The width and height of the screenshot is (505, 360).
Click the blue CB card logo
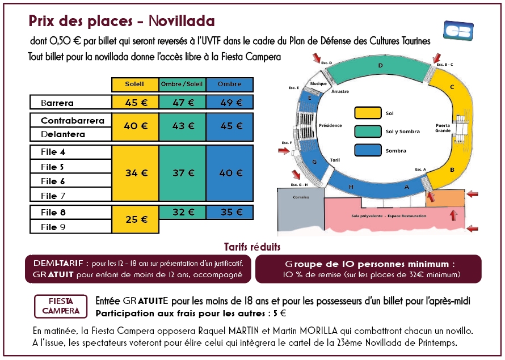point(458,31)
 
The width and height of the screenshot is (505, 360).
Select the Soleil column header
point(135,84)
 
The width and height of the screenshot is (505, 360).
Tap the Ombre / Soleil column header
point(182,84)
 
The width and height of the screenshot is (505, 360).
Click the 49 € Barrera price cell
point(230,102)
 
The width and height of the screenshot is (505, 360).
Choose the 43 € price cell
point(182,127)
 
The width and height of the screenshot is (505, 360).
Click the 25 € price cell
point(135,219)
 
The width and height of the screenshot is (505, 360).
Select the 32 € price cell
point(182,213)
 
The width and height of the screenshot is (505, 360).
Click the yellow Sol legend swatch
point(368,113)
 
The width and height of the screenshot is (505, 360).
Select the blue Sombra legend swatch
point(368,150)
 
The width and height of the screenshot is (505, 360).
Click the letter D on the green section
point(380,66)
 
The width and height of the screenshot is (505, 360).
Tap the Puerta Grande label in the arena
point(443,128)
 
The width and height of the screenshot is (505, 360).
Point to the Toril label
point(335,160)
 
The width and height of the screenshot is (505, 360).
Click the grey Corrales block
point(301,209)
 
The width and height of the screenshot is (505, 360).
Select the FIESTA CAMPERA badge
point(61,306)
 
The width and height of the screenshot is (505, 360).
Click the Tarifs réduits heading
point(252,247)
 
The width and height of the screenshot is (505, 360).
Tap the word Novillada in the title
point(182,21)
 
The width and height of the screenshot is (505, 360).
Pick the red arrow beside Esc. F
point(284,151)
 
